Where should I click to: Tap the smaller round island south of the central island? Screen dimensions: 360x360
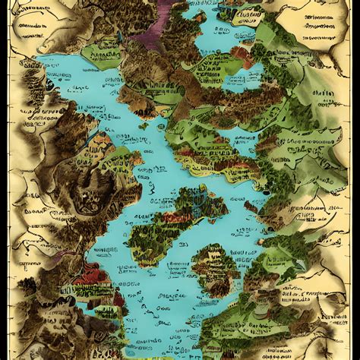(213, 270)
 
